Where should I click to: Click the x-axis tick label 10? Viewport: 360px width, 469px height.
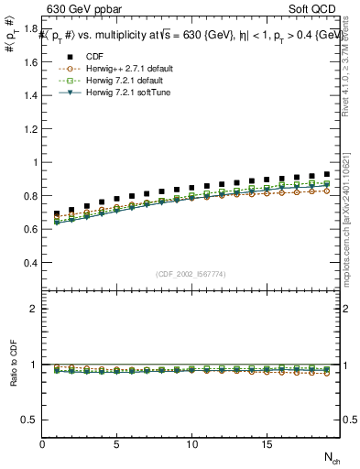coord(191,444)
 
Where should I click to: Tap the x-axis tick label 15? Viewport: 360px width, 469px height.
coord(266,444)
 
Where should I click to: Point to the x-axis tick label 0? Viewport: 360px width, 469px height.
coord(42,444)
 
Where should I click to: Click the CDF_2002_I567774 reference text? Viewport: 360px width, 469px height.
coord(191,274)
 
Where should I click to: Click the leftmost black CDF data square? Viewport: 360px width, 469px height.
coord(57,214)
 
